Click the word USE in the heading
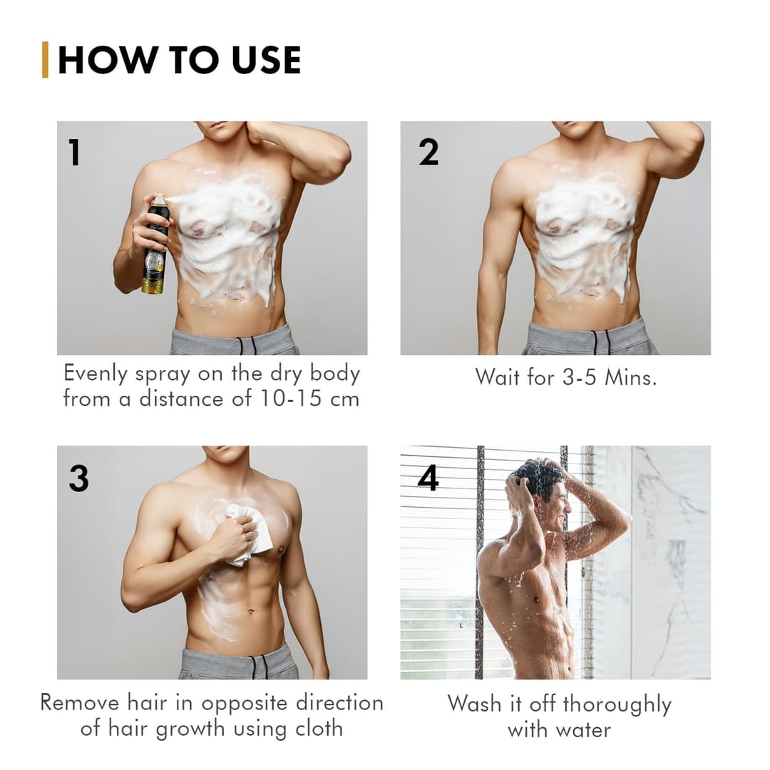point(265,60)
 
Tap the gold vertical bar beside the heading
point(46,60)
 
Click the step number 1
point(74,153)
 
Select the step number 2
point(428,152)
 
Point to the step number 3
point(78,478)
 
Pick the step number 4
point(428,478)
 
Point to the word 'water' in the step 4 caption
point(580,731)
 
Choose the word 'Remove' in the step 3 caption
point(79,702)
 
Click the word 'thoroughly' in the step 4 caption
point(617,705)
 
